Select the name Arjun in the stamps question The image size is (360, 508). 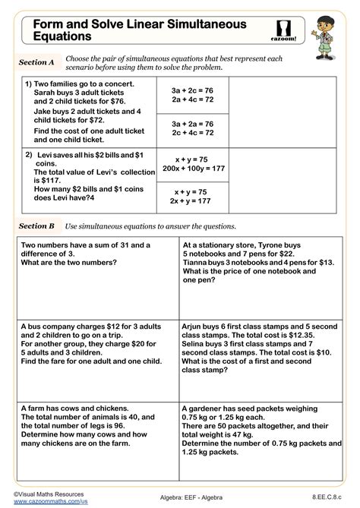195,324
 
